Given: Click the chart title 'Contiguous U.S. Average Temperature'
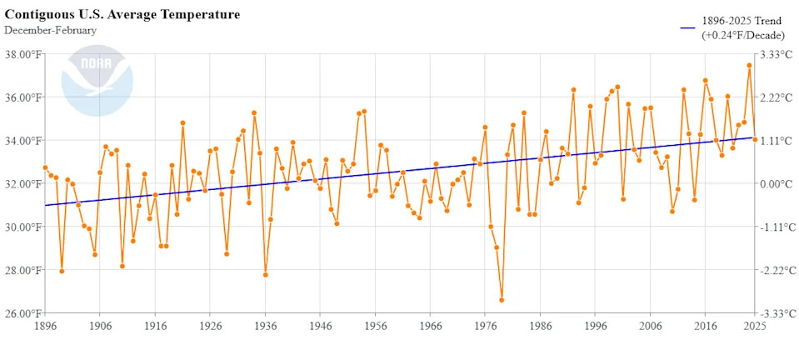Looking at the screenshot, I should pos(122,15).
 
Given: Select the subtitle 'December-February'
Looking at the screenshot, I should pos(50,31).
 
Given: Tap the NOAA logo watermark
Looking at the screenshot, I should pos(97,81).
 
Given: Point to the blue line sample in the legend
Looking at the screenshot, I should pos(688,27).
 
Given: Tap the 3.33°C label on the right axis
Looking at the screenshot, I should pos(776,54).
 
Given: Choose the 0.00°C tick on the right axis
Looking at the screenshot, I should pos(776,183).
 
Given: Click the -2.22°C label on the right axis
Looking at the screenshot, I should pos(775,270).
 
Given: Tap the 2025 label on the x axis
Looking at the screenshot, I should pos(755,327).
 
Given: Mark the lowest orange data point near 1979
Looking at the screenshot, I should pos(502,300).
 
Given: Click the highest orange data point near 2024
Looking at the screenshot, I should pos(749,65).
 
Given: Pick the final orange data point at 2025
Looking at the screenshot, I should pos(755,139).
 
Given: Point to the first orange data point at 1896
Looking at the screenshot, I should pos(45,167).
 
